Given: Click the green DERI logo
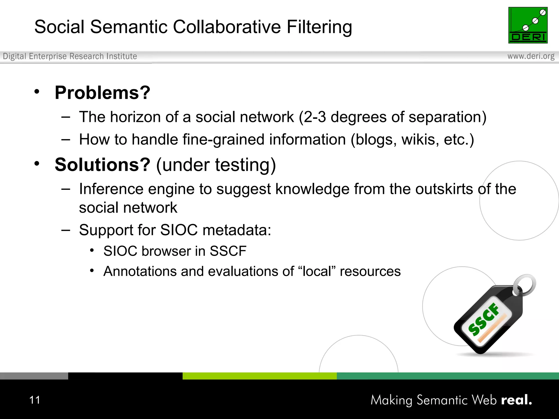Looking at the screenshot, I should (528, 25).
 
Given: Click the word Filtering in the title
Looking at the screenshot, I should (319, 27).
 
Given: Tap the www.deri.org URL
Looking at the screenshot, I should (531, 56).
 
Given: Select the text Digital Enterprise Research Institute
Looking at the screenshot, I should (70, 56).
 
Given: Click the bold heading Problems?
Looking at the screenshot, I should (102, 93).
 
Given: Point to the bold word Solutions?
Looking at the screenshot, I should (102, 165).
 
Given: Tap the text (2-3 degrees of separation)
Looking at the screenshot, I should (393, 117).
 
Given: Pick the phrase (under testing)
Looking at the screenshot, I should (216, 165).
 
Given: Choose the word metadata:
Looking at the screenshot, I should (237, 230).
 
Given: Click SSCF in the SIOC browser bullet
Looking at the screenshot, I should (228, 251).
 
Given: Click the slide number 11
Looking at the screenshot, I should (35, 400).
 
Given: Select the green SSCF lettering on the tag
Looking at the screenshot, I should (483, 319).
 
